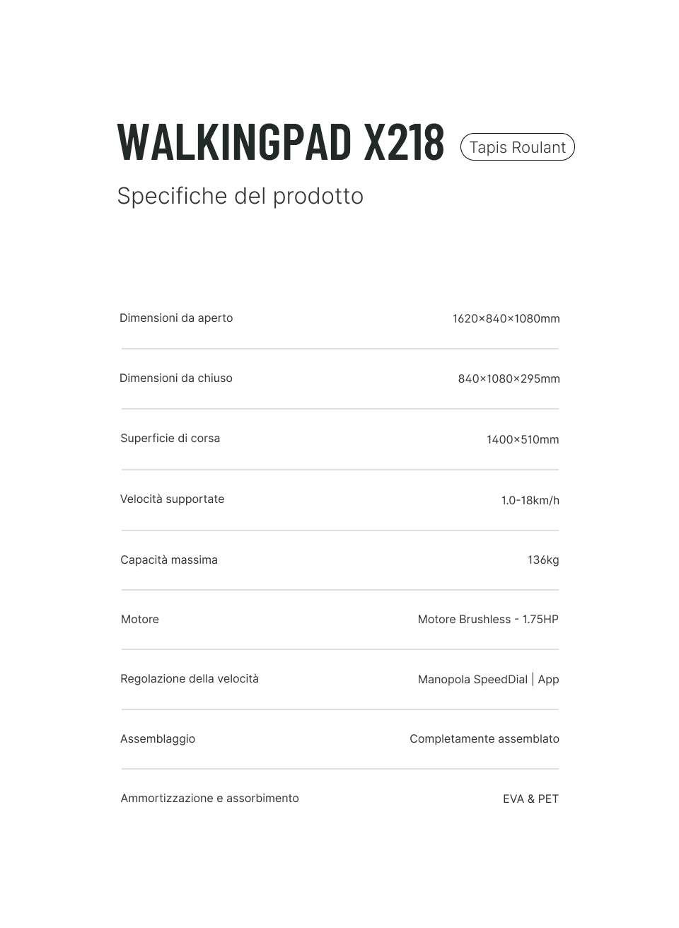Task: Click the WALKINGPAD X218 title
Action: click(x=281, y=142)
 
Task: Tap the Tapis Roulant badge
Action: click(x=517, y=147)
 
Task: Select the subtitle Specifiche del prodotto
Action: click(x=240, y=196)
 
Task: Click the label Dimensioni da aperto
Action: click(x=176, y=318)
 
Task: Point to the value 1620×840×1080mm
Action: click(x=506, y=319)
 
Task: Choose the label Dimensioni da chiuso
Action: click(x=176, y=378)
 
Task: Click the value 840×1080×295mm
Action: click(x=509, y=379)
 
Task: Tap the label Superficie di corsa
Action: click(x=170, y=439)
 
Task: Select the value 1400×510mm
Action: click(x=522, y=440)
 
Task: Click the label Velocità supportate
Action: click(x=172, y=499)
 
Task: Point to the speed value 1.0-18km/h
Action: click(x=530, y=501)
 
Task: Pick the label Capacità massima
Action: click(x=169, y=560)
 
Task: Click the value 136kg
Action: click(x=542, y=560)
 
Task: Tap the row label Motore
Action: click(x=140, y=620)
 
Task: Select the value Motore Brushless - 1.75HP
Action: click(x=487, y=620)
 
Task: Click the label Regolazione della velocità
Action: click(x=190, y=679)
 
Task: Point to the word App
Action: click(x=548, y=680)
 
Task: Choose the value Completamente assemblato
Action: click(x=484, y=739)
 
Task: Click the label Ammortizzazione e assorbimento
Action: click(x=209, y=799)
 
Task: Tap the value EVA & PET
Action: click(x=530, y=799)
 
